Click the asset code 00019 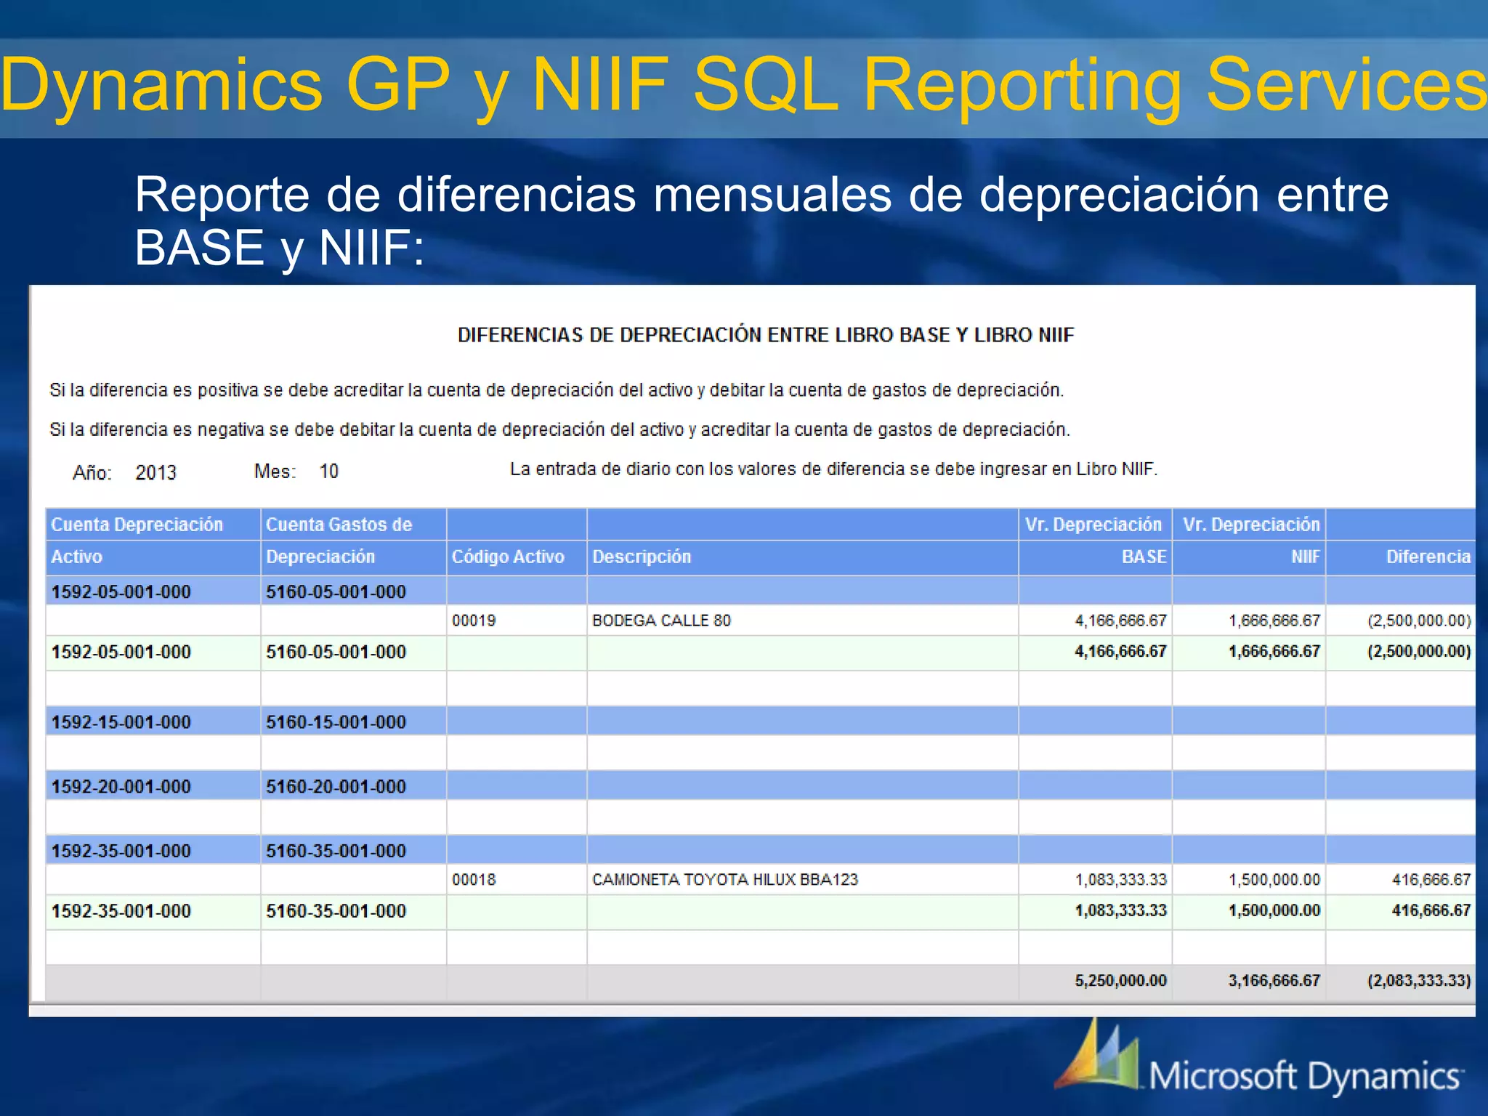(x=474, y=620)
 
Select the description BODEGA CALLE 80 (x=661, y=620)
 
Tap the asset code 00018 (x=474, y=880)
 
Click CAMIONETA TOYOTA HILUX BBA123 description (x=725, y=880)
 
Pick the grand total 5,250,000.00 (x=1120, y=981)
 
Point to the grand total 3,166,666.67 (x=1274, y=981)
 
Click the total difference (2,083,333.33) (x=1418, y=981)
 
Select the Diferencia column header (x=1428, y=557)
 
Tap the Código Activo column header (x=508, y=557)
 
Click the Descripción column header (x=642, y=557)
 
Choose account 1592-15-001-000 (x=121, y=722)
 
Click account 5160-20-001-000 (x=336, y=787)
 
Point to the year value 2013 (x=155, y=473)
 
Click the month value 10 (x=328, y=472)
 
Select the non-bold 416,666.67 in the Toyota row (x=1431, y=880)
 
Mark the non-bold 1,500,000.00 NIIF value (x=1274, y=880)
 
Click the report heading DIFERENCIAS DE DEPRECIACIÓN (x=765, y=335)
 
